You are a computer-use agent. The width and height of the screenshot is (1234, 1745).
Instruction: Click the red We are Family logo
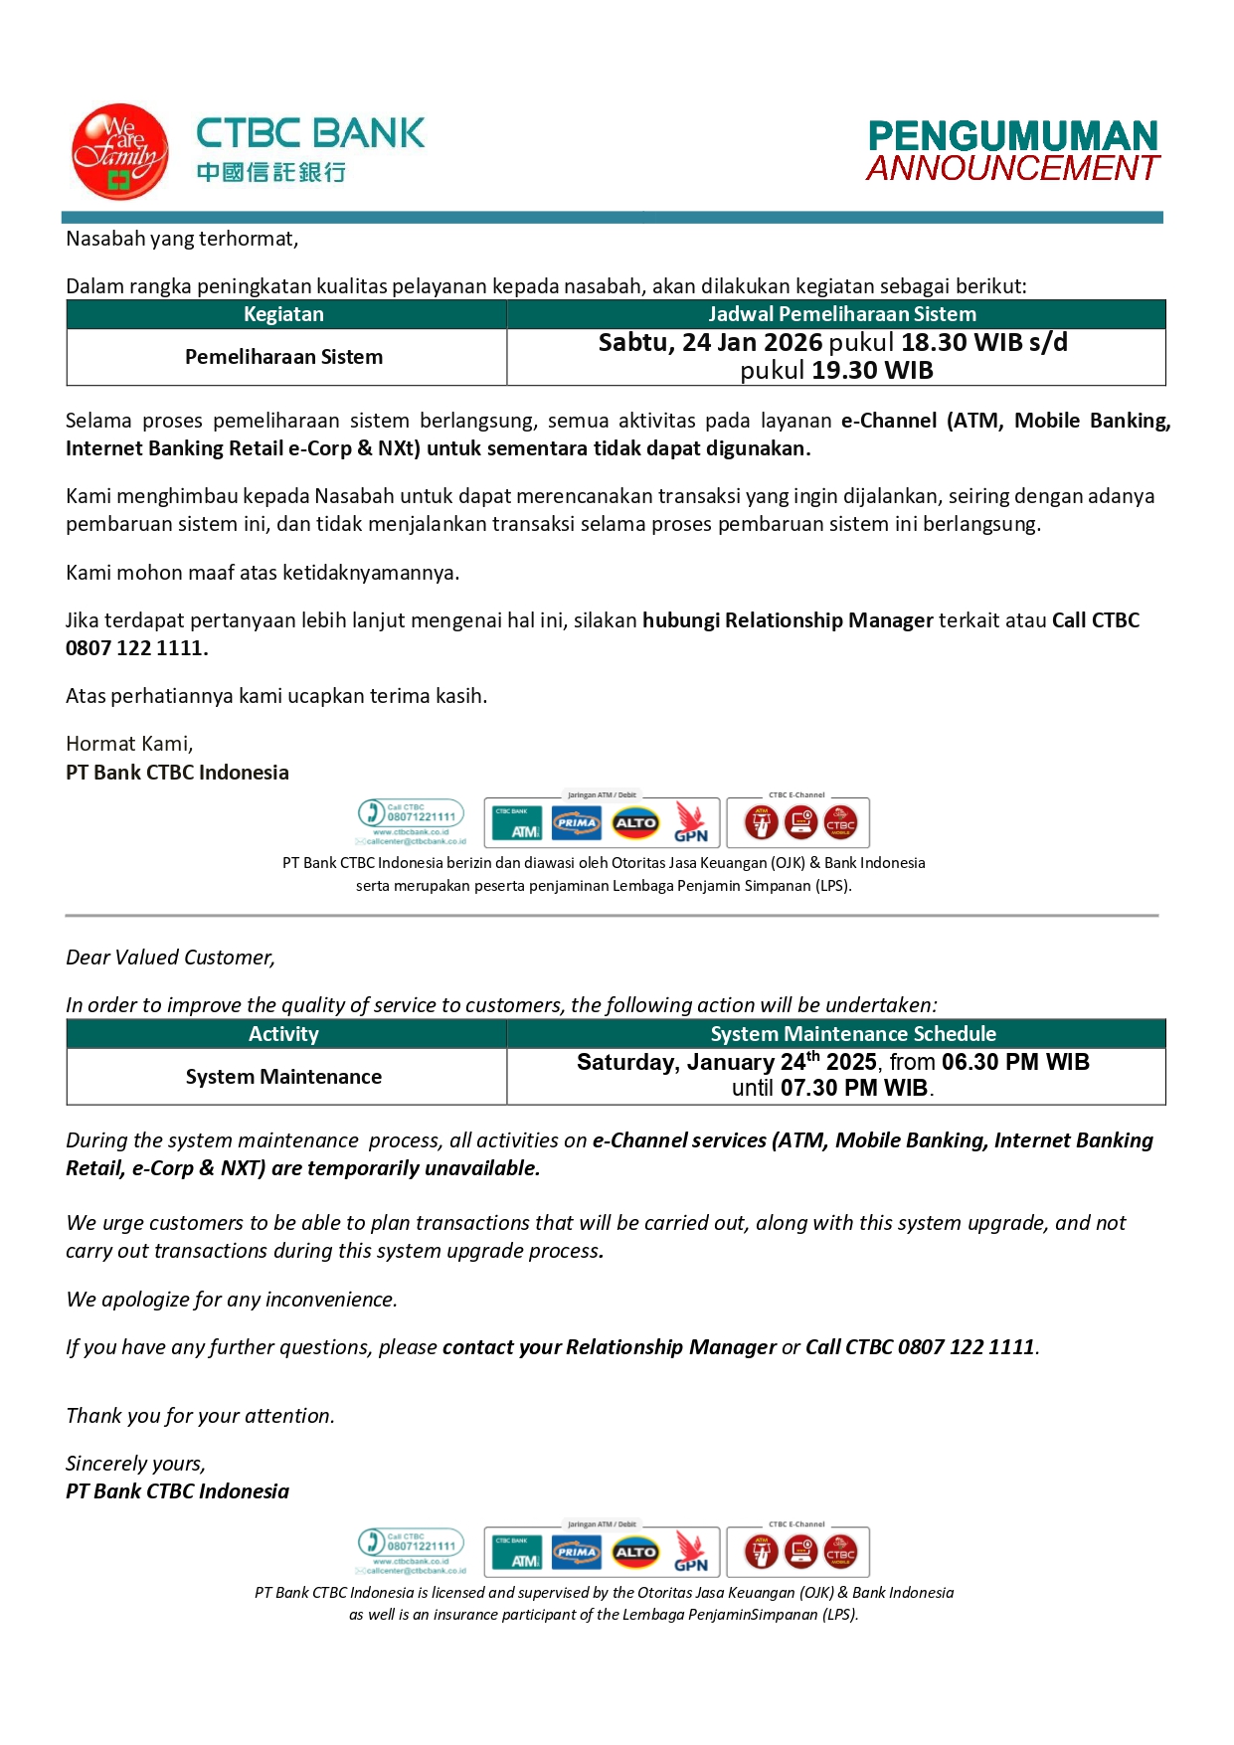pos(119,151)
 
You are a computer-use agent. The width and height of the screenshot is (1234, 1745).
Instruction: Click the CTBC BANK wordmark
pos(310,133)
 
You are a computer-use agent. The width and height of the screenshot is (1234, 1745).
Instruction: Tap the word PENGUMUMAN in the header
pos(1012,136)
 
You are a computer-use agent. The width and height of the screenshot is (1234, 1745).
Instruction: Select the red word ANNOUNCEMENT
pos(1012,168)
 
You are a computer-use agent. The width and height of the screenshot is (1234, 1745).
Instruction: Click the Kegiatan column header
pos(283,314)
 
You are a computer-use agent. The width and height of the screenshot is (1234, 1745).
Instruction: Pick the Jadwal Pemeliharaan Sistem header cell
pos(841,314)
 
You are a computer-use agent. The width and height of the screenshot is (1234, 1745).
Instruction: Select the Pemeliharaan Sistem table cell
pos(283,357)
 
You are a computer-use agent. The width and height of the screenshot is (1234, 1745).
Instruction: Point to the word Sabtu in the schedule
pos(632,343)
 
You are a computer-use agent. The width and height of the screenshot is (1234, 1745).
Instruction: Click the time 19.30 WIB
pos(872,371)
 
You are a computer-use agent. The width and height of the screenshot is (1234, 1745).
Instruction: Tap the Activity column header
pos(283,1034)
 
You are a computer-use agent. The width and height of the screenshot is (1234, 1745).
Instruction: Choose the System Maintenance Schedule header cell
pos(853,1034)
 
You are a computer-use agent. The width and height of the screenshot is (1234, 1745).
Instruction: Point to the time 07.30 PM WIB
pos(854,1088)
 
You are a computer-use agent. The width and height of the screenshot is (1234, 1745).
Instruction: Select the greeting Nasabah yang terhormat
pos(182,239)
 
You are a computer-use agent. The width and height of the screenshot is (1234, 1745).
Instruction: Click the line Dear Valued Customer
pos(170,958)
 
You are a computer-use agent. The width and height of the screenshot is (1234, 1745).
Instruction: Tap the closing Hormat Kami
pos(129,744)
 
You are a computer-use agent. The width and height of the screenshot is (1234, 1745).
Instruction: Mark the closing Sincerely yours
pos(135,1464)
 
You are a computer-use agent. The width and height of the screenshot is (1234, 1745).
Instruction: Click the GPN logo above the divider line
pos(691,823)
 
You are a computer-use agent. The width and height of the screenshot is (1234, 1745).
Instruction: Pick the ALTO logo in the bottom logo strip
pos(635,1552)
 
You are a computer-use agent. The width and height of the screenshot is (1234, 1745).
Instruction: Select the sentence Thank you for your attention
pos(200,1416)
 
